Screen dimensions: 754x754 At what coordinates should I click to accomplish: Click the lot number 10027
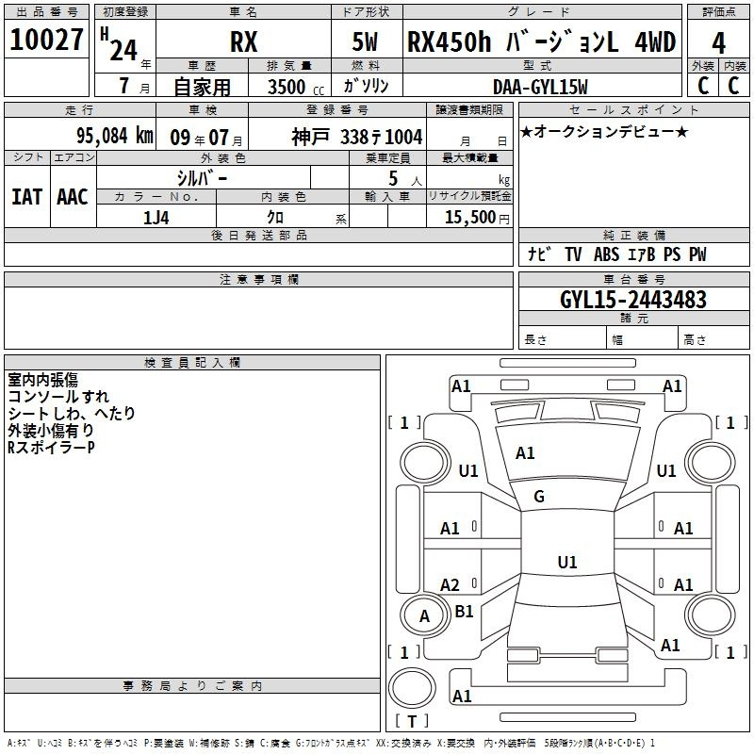click(46, 40)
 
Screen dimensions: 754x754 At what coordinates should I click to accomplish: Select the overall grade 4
click(718, 43)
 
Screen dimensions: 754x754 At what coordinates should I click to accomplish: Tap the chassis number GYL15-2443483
click(633, 300)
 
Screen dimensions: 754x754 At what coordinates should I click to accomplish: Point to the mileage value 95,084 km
click(114, 136)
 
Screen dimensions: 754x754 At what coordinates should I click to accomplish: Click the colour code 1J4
click(156, 218)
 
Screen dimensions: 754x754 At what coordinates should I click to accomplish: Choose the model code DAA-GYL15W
click(540, 87)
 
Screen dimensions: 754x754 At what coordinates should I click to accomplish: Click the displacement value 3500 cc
click(296, 87)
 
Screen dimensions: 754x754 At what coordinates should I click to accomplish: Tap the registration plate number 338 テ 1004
click(382, 138)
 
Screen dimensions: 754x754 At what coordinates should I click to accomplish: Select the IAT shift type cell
click(27, 197)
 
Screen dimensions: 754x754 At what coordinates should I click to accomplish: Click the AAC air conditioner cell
click(73, 197)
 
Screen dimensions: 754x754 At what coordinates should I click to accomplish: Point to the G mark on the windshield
click(539, 497)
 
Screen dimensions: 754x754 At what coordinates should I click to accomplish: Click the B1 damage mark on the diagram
click(464, 611)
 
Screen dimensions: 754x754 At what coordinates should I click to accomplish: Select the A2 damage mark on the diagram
click(450, 585)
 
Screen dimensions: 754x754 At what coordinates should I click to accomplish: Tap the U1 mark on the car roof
click(567, 562)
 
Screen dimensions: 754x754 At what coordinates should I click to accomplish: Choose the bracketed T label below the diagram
click(412, 721)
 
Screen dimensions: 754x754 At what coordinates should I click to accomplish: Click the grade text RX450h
click(450, 42)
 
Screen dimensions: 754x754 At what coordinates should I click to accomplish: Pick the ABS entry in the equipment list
click(606, 254)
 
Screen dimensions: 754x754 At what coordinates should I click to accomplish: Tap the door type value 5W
click(365, 42)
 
